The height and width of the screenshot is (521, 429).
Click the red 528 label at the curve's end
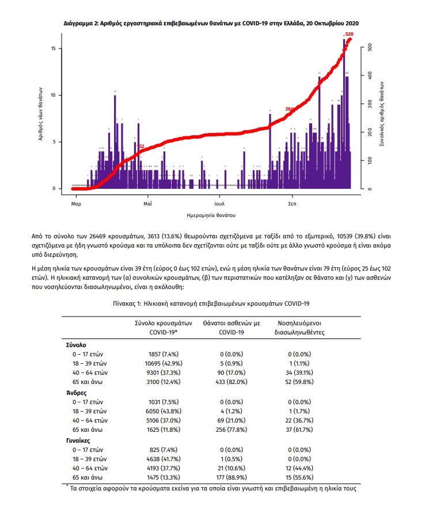click(349, 35)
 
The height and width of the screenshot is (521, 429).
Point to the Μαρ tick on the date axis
click(75, 204)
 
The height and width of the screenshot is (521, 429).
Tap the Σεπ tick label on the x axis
click(293, 204)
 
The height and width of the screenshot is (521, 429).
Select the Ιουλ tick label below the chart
click(219, 204)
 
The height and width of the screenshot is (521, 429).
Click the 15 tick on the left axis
click(52, 48)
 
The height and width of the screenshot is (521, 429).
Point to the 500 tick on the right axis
click(371, 48)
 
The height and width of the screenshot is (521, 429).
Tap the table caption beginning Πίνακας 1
click(214, 303)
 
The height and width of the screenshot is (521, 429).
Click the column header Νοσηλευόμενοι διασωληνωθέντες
click(301, 328)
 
